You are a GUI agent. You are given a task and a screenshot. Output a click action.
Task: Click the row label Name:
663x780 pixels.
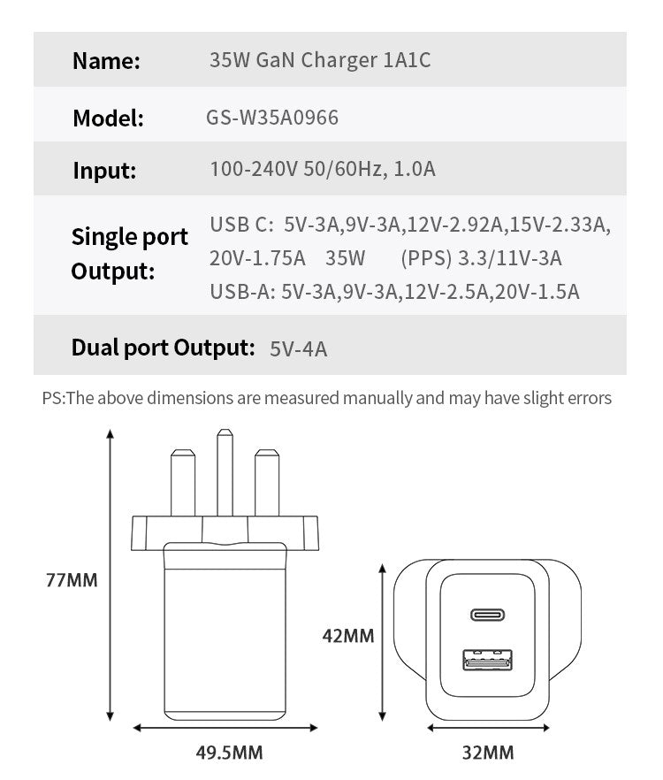point(106,61)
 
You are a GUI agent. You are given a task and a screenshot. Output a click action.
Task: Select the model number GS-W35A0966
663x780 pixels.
point(271,117)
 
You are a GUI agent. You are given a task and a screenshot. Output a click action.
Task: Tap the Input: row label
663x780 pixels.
point(104,170)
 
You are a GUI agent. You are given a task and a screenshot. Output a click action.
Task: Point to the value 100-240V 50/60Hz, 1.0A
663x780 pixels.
point(323,169)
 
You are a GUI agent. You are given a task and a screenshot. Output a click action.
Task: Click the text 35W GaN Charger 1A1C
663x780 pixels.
point(320,60)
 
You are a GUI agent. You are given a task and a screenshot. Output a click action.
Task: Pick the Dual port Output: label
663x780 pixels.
point(164,347)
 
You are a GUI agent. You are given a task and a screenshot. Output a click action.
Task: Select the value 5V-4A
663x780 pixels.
point(298,348)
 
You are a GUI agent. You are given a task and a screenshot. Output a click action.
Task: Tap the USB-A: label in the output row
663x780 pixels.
point(242,292)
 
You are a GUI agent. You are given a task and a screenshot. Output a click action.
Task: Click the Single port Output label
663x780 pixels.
point(129,253)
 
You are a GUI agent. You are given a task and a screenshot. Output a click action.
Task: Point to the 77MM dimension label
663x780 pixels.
point(72,581)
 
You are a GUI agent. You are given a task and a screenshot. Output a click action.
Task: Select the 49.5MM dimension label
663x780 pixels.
point(228,753)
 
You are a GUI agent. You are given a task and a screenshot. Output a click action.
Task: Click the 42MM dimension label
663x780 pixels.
point(347,635)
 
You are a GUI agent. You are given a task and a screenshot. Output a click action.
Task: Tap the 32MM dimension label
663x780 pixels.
point(487,753)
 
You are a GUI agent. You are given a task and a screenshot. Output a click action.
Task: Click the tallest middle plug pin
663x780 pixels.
point(224,473)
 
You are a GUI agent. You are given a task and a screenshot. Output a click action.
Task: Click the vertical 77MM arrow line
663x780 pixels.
point(110,575)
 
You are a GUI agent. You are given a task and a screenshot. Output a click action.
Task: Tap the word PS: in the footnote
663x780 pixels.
point(54,398)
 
